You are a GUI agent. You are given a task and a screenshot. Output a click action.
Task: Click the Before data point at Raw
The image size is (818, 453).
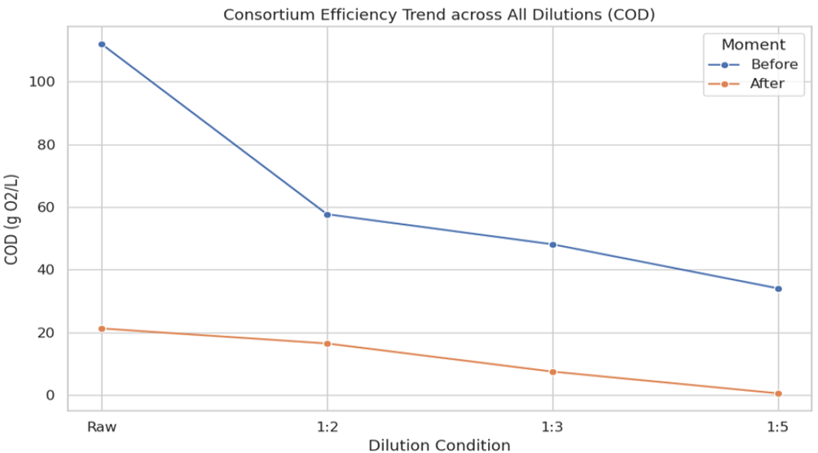pos(102,44)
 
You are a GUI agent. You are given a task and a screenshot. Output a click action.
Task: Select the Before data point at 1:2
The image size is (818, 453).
pos(328,214)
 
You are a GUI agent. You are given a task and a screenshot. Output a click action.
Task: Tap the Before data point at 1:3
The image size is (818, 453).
pos(553,244)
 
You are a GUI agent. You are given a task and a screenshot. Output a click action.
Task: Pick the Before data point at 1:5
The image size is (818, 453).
pos(778,288)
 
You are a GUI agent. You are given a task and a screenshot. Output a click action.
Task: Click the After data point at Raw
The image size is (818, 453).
pos(102,329)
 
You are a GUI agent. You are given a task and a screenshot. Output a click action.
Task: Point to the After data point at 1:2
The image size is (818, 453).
pos(328,344)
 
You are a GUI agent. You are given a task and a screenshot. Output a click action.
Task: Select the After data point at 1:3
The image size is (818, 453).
pos(553,372)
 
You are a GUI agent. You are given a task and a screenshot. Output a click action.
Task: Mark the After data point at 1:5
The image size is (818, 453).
pos(778,394)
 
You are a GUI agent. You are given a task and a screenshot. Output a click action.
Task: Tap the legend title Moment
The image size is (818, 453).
pos(754,45)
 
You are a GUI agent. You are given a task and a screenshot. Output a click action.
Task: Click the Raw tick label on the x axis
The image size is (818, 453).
pos(102,427)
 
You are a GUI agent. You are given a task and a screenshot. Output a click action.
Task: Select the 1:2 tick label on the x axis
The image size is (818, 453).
pos(328,427)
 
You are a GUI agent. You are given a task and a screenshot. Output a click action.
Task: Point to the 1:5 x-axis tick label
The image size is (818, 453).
pos(778,427)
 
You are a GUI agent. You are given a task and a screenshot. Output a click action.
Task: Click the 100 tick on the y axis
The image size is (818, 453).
pos(42,82)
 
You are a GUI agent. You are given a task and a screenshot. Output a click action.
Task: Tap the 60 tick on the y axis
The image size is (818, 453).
pos(46,207)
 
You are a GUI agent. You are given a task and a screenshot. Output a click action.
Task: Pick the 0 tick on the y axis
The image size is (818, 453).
pos(51,396)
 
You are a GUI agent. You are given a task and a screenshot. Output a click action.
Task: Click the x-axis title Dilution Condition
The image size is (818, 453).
pos(439,445)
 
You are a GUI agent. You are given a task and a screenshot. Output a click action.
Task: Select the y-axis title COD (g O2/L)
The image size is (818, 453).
pos(11,219)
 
